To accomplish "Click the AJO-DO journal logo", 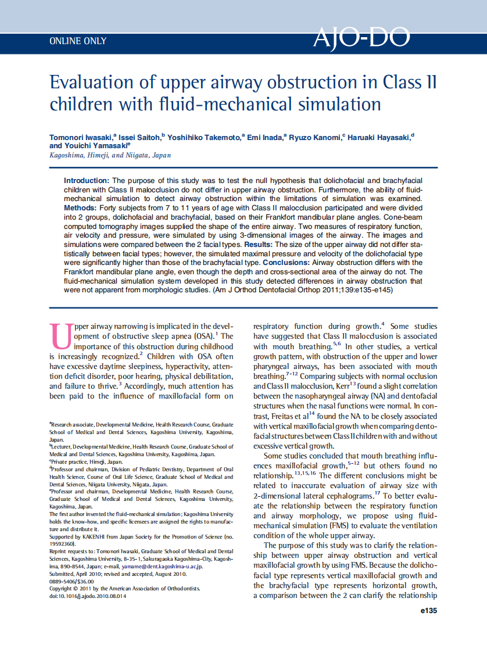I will pos(361,38).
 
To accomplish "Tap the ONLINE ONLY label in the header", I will pos(78,41).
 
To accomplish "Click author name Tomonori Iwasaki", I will pos(81,137).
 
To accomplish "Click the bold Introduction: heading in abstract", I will pos(87,181).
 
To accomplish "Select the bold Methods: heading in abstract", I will pos(80,207).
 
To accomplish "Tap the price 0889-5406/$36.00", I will pos(72,581).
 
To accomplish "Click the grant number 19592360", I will pos(64,543).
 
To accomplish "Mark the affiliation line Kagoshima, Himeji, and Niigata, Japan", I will pos(110,155).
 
